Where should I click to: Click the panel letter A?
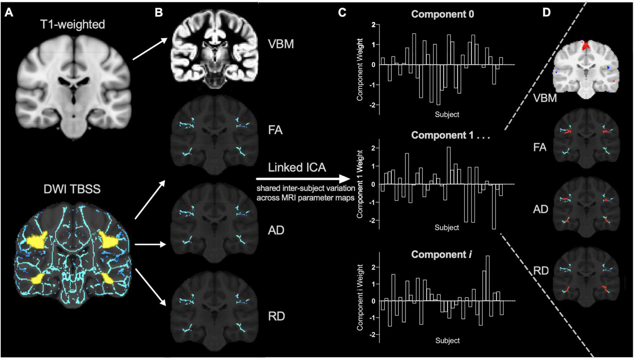[x=8, y=13]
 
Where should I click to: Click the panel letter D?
[x=546, y=13]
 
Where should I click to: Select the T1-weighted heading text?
[x=73, y=24]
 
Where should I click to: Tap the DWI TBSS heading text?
[x=72, y=189]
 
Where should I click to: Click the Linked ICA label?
[x=297, y=167]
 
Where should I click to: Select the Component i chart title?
[x=441, y=255]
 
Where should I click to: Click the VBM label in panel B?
[x=281, y=44]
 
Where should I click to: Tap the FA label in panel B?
[x=275, y=130]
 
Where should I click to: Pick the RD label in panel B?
[x=276, y=316]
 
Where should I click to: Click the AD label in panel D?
[x=540, y=209]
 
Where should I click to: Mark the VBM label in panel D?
[x=545, y=97]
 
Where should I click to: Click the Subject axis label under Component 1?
[x=447, y=227]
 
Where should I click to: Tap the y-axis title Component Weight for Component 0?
[x=360, y=69]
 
